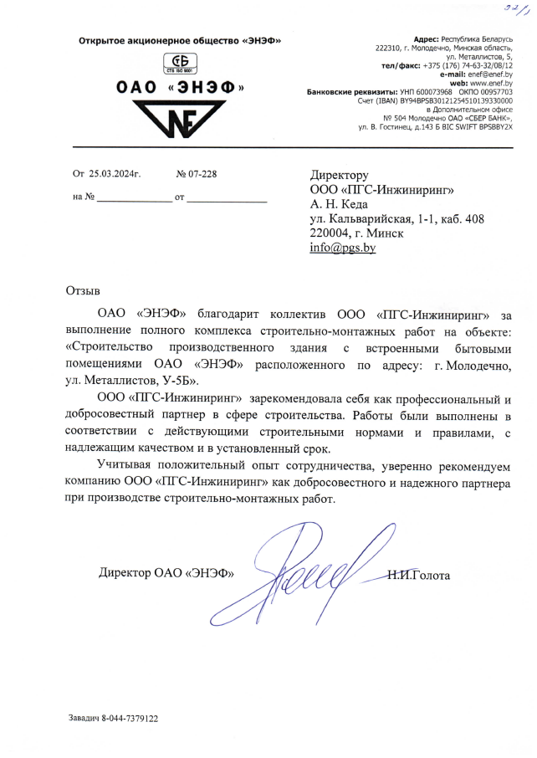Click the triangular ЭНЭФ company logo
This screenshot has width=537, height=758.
(179, 120)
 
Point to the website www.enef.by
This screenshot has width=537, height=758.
(491, 83)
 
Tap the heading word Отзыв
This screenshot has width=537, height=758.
(82, 290)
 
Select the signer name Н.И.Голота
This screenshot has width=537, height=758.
(419, 575)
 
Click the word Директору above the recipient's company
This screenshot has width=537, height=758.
(339, 175)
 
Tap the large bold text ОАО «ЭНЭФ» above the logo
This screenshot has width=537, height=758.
(179, 88)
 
